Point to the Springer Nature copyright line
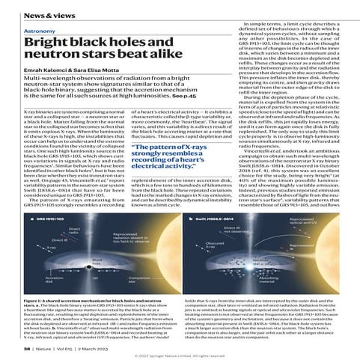[180, 355]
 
